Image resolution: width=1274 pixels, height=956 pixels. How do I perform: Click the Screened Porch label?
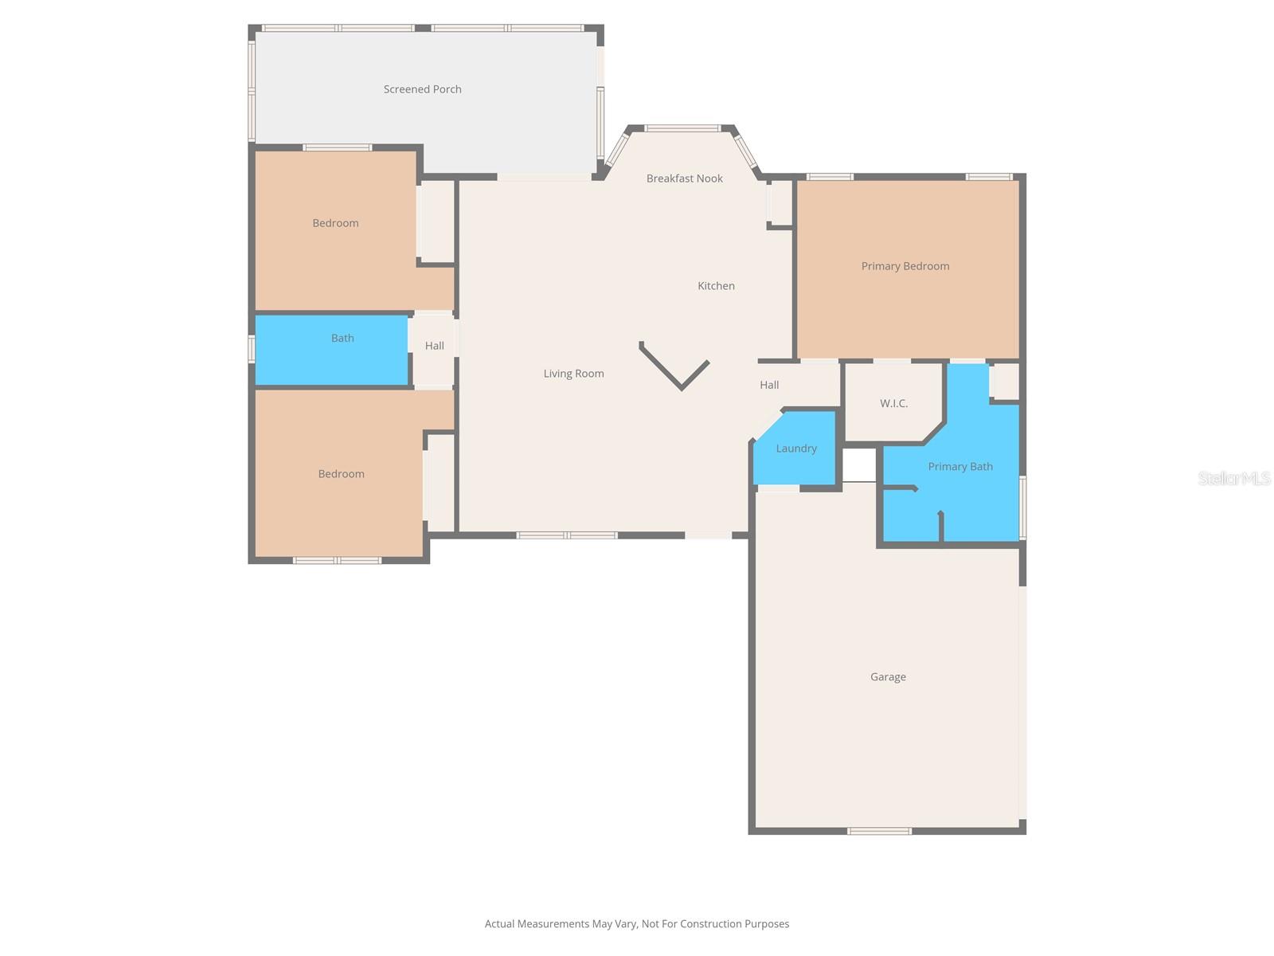(422, 89)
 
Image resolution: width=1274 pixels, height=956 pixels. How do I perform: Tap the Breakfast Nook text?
(684, 178)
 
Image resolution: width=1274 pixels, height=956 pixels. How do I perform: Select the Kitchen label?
(716, 286)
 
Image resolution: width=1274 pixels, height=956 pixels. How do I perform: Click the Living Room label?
(573, 374)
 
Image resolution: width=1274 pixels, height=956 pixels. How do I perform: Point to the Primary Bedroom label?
(905, 266)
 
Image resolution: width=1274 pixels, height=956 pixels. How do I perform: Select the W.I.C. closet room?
(893, 403)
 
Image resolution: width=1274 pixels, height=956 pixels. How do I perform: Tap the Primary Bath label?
(959, 467)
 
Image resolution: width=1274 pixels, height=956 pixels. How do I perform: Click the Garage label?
(888, 677)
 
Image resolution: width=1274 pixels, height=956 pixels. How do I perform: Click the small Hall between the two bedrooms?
(434, 346)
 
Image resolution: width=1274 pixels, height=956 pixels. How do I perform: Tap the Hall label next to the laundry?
(769, 385)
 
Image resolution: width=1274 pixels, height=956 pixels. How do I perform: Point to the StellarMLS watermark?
(1233, 478)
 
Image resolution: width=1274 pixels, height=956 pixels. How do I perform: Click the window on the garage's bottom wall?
(879, 831)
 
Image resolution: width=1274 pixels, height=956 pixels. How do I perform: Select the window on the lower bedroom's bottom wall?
(337, 560)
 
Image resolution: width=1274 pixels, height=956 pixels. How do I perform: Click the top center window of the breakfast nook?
(682, 127)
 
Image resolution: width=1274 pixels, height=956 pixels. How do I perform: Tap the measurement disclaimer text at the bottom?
(637, 924)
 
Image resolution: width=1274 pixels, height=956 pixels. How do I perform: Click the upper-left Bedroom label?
(335, 223)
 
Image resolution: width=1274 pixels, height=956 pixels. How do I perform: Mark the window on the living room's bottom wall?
(567, 535)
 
